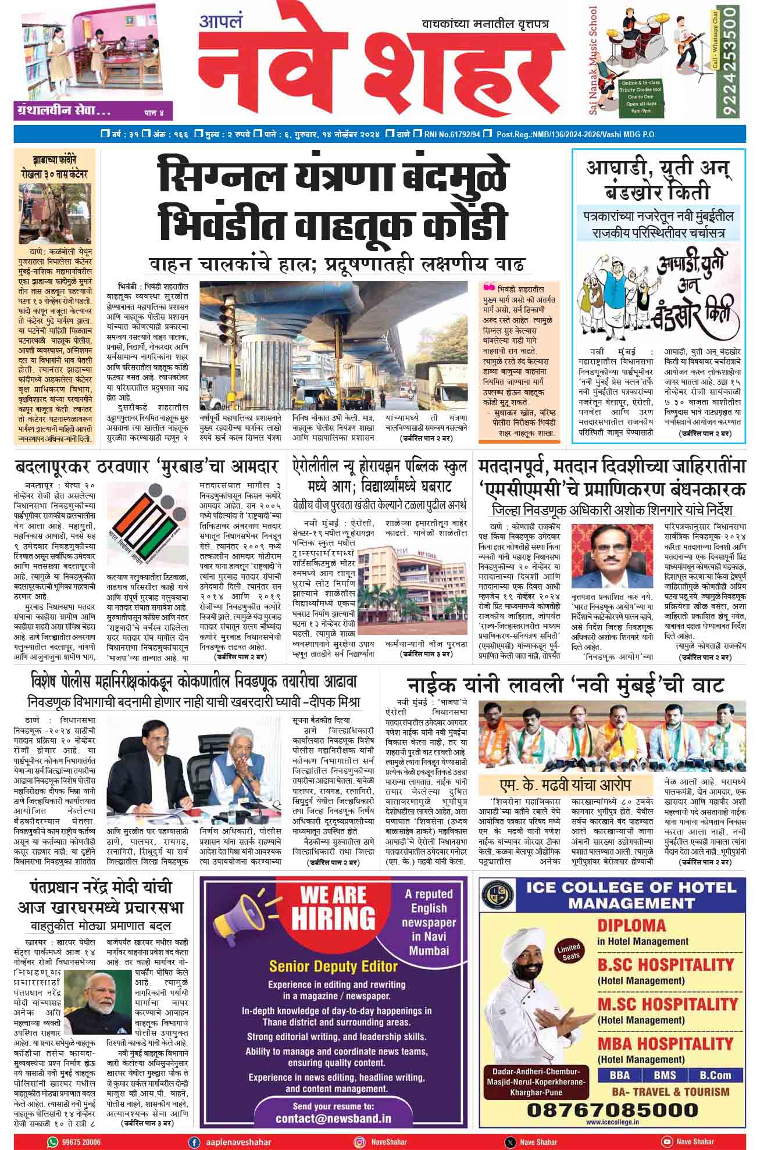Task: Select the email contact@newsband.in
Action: (x=333, y=1119)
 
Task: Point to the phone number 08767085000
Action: (x=612, y=1110)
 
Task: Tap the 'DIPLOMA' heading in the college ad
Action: (x=631, y=925)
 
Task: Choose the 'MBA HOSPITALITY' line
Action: (x=665, y=1043)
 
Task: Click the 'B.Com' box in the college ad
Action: (x=715, y=1074)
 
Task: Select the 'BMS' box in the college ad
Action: (x=665, y=1074)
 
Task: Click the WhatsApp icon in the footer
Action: (x=53, y=1142)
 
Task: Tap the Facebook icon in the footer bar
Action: (x=194, y=1142)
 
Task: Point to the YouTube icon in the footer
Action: (x=667, y=1142)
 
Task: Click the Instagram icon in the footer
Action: (x=360, y=1142)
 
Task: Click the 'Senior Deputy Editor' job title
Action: (x=333, y=966)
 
